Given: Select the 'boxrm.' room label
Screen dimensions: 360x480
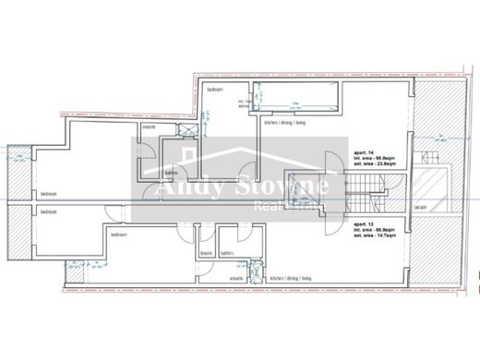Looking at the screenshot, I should [x=207, y=254].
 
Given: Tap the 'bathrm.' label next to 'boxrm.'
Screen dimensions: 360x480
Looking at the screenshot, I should [x=226, y=254].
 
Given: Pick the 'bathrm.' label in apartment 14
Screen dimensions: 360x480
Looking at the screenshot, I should [x=171, y=172].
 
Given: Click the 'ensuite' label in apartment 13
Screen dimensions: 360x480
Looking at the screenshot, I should [x=236, y=277].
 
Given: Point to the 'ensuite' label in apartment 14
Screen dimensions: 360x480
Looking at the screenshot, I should [x=148, y=126].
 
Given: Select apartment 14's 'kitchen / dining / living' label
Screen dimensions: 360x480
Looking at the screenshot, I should [x=285, y=123].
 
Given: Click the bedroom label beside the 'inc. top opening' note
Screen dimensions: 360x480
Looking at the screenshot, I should [x=214, y=90].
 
